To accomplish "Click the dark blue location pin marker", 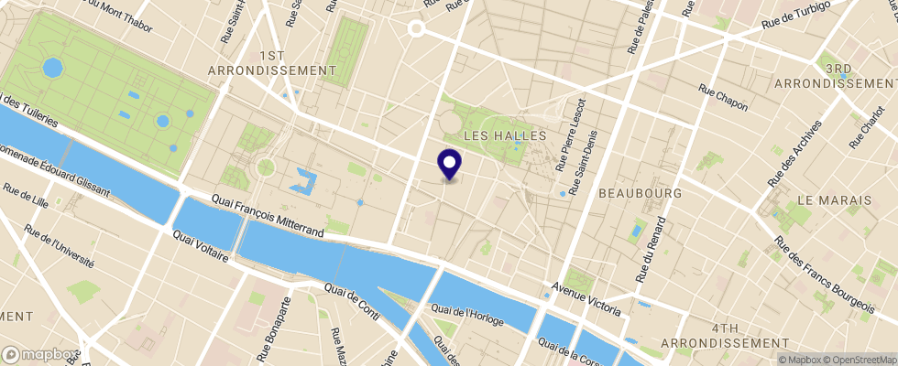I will coord(450,164).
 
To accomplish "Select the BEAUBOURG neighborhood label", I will coord(641,194).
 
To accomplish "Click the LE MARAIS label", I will coord(830,199).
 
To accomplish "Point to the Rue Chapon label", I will coord(723,98).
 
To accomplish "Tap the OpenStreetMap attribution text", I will coord(856,360).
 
